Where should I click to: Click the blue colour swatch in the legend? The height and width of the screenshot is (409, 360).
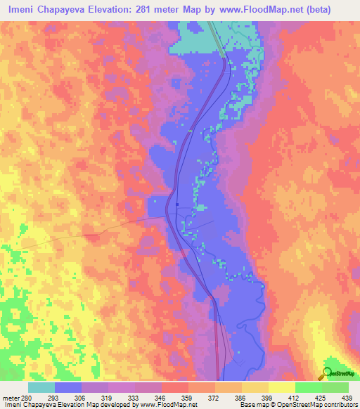[x=68, y=387]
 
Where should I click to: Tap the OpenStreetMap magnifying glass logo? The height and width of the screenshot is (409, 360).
[x=326, y=373]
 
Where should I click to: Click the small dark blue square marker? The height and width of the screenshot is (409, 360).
[x=178, y=205]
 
